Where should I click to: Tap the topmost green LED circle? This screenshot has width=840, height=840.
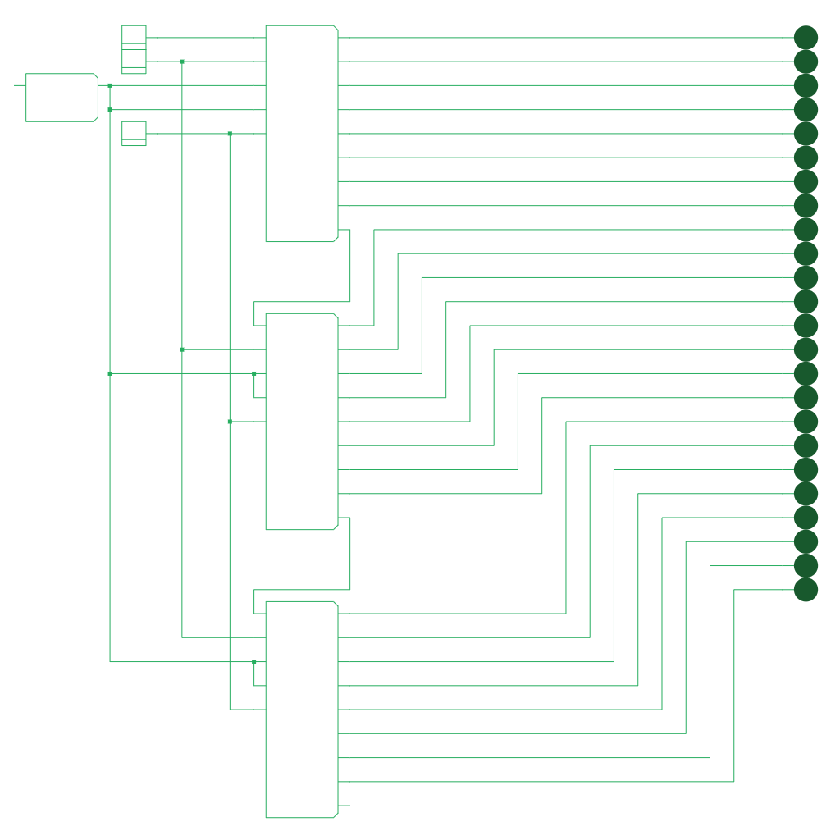[x=806, y=38]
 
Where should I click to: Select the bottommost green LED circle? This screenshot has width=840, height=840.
[x=806, y=589]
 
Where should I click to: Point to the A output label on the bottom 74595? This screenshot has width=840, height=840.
[x=333, y=614]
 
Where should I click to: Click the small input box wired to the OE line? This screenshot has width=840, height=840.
[x=134, y=134]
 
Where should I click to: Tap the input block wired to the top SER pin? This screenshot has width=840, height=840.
[x=134, y=49]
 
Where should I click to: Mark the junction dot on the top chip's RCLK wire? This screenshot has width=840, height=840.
[x=110, y=109]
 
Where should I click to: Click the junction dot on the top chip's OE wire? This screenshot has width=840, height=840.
[x=230, y=134]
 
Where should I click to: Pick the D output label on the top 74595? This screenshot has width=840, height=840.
[x=333, y=109]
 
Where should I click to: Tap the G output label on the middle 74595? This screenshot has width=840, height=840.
[x=333, y=469]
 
